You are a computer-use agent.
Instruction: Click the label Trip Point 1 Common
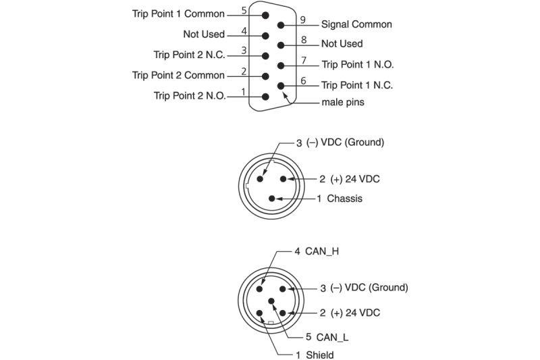click(x=178, y=14)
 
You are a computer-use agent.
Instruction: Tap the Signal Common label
click(x=356, y=24)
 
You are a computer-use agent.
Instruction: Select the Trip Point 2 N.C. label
click(x=190, y=55)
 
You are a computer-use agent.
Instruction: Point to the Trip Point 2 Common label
click(x=178, y=75)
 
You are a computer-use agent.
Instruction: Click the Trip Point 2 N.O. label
click(x=190, y=96)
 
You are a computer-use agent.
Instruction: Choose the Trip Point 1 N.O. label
click(x=357, y=65)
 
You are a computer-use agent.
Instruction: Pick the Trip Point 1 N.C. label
click(x=357, y=85)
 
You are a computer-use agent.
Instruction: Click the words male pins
click(x=343, y=104)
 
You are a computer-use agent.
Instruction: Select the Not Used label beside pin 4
click(x=204, y=34)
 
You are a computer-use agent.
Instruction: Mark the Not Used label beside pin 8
click(x=342, y=44)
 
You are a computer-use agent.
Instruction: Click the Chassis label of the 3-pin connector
click(x=344, y=199)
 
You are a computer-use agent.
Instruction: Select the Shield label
click(x=320, y=355)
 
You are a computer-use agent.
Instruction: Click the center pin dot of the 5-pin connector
click(x=271, y=301)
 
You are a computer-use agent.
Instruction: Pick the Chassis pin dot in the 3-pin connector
click(x=271, y=198)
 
